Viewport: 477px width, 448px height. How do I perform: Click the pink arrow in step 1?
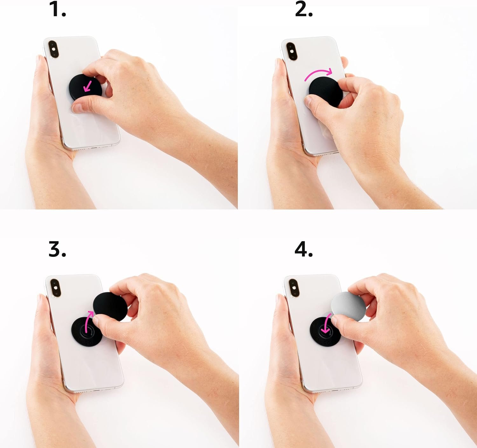[x=88, y=86]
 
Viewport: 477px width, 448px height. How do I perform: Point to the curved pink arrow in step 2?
[x=318, y=73]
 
